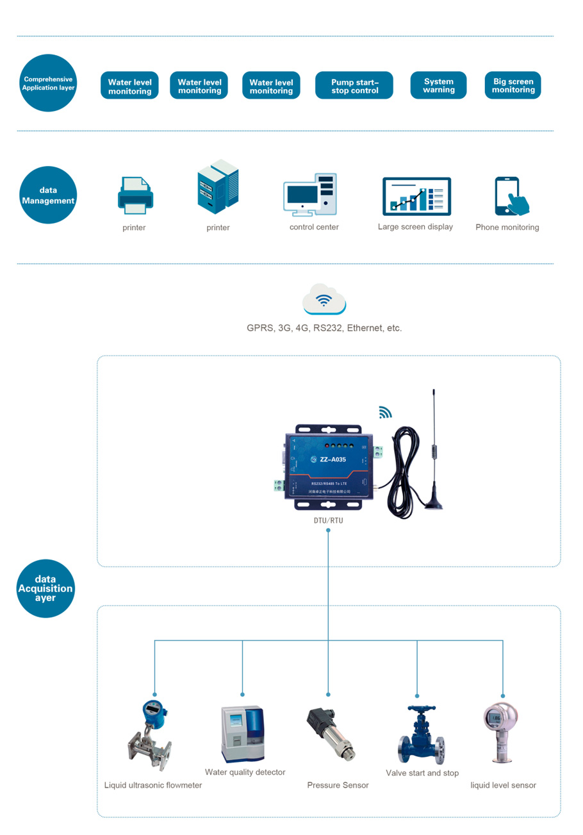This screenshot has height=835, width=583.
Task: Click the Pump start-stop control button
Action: [354, 85]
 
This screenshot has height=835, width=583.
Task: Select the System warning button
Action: [438, 85]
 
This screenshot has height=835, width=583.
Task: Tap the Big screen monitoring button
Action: [513, 85]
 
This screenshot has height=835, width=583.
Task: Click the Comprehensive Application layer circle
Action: [49, 83]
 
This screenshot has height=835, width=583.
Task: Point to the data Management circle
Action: [49, 195]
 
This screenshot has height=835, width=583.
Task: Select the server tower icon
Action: [217, 186]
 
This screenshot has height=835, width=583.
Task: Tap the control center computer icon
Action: [311, 194]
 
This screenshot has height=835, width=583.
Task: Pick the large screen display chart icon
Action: [416, 196]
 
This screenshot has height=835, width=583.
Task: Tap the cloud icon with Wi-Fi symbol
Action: [324, 300]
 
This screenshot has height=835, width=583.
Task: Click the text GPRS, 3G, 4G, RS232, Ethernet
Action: [324, 327]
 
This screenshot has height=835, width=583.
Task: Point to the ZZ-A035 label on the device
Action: [333, 459]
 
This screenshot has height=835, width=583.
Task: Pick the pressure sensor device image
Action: [333, 734]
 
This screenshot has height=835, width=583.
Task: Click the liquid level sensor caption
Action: [503, 785]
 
